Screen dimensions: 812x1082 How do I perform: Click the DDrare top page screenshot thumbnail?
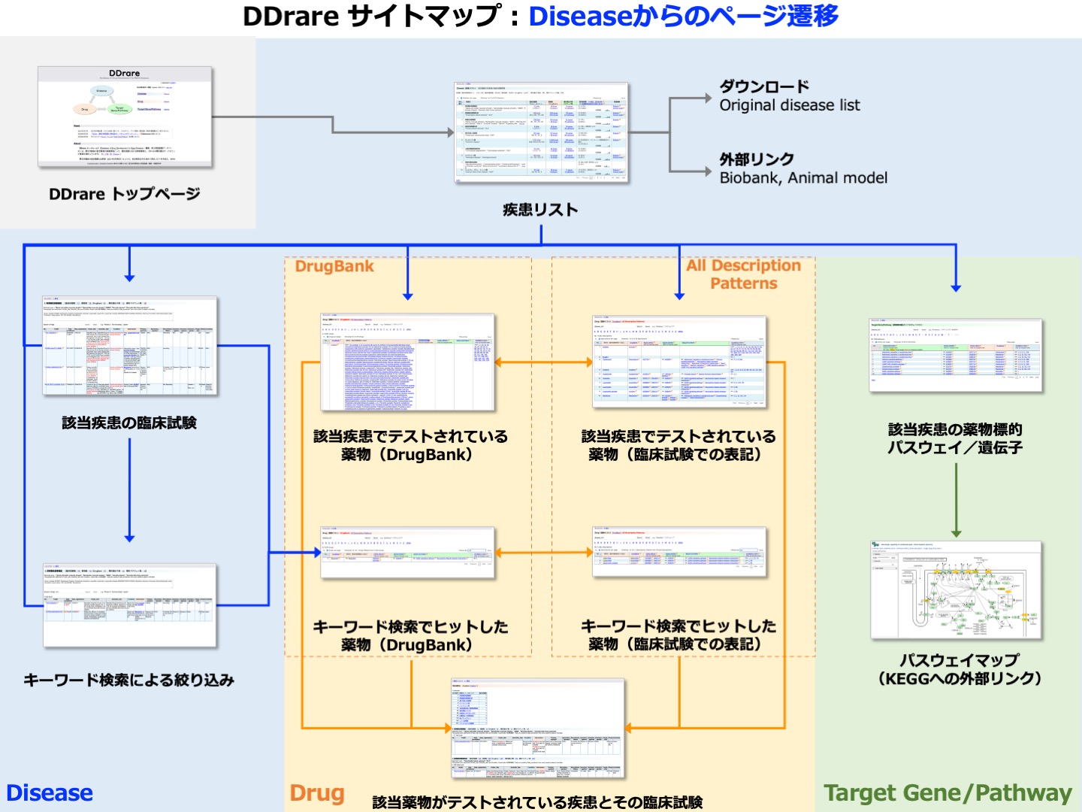click(125, 117)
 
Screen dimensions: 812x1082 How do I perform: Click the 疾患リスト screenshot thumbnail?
click(541, 132)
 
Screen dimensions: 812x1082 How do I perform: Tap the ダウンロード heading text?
click(764, 86)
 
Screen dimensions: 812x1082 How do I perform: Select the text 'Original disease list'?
click(790, 105)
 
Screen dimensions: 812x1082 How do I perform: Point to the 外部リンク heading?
click(757, 159)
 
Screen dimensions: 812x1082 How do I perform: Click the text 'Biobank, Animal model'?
click(803, 178)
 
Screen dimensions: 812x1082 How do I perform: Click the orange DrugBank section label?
click(334, 266)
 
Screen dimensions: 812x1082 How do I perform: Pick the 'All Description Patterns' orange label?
click(743, 274)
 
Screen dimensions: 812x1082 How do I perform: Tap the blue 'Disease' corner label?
click(50, 792)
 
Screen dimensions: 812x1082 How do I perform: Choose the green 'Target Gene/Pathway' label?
click(948, 792)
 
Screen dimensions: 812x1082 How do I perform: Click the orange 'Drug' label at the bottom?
click(317, 792)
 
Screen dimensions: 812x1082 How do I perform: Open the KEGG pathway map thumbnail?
click(956, 590)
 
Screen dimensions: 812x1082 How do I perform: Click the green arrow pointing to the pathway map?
click(956, 500)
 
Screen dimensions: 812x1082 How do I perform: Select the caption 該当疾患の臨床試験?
click(129, 423)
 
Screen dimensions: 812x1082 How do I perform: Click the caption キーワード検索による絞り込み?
click(129, 680)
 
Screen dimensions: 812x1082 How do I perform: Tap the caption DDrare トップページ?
click(125, 194)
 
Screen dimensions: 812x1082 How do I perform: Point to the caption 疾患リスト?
click(540, 210)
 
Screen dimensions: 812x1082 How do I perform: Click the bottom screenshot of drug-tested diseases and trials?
click(537, 729)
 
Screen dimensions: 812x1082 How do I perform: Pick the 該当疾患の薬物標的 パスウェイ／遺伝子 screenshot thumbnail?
click(956, 356)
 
